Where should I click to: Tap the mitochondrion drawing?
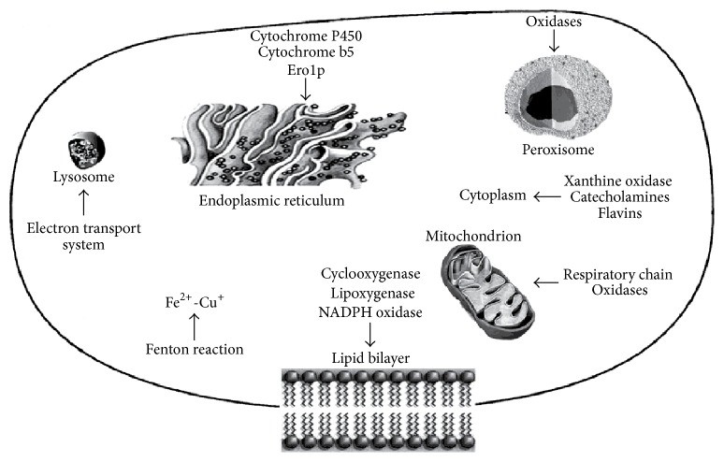488,291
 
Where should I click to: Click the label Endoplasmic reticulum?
271,201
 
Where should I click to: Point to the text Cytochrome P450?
306,36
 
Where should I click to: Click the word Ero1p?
306,70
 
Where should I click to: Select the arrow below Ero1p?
305,89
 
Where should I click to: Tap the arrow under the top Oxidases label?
554,40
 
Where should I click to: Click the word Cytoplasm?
493,195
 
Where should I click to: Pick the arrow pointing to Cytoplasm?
547,196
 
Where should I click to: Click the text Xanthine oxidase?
617,180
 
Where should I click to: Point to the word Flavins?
619,213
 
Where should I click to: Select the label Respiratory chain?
617,275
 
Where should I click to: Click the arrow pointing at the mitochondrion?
547,282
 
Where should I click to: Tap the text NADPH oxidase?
370,312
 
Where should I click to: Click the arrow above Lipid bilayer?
369,334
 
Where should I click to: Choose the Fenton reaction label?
195,350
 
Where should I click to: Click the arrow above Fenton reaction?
195,325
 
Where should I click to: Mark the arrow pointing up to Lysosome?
83,202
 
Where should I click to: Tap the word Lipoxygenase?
372,294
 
